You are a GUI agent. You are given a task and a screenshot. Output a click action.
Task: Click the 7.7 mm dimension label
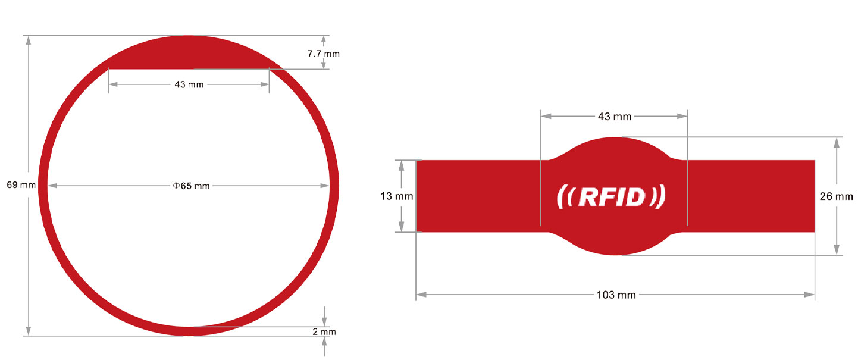323,54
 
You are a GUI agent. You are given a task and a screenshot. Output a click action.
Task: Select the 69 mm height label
21,185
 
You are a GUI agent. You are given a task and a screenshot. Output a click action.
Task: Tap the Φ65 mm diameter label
191,186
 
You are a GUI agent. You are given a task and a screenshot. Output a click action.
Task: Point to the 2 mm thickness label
324,331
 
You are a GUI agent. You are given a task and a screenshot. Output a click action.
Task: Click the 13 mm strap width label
396,196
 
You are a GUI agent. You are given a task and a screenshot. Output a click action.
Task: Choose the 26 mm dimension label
836,196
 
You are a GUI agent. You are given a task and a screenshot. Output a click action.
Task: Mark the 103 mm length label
616,295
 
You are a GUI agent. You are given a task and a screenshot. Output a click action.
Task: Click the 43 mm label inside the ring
189,84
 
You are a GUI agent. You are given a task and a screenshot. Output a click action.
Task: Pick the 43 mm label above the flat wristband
615,117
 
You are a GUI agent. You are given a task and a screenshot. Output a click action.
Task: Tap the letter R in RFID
588,197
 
